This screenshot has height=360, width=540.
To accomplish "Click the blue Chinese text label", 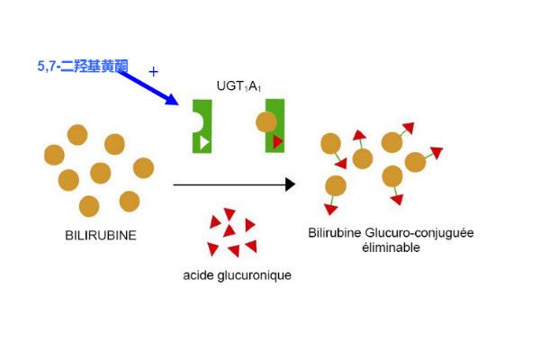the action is coord(83,66).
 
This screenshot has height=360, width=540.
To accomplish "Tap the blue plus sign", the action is coord(154,72).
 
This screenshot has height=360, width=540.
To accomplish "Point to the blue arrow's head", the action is coord(172,99).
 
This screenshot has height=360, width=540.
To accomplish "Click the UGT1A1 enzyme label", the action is coord(238,86).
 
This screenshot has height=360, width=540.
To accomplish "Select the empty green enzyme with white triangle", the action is coord(203,126).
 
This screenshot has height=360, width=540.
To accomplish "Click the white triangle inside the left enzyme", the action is coord(204,142).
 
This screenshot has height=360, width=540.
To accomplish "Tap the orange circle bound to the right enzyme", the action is coord(266,122).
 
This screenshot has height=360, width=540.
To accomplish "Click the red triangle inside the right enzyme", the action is coord(277,141).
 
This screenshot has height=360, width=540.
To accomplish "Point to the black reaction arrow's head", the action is coord(291,184).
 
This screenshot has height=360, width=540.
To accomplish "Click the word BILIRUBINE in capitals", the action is coord(101,236).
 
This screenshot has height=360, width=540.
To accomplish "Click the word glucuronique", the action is coord(255,276).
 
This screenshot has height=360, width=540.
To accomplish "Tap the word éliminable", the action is coord(391,247).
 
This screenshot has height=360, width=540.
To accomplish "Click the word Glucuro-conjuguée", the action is coord(419,233).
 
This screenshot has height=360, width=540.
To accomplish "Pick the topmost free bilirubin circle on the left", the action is coord(77,135).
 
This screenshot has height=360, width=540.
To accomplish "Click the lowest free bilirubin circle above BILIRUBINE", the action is coord(89,206).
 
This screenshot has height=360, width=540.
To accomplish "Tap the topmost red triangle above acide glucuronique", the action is coord(229,214).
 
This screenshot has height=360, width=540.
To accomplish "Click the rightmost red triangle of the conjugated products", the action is coord(436,153).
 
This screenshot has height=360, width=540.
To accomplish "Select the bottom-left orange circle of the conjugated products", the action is coord(336,185).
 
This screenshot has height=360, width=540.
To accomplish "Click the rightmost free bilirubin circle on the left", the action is coord(143,168).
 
